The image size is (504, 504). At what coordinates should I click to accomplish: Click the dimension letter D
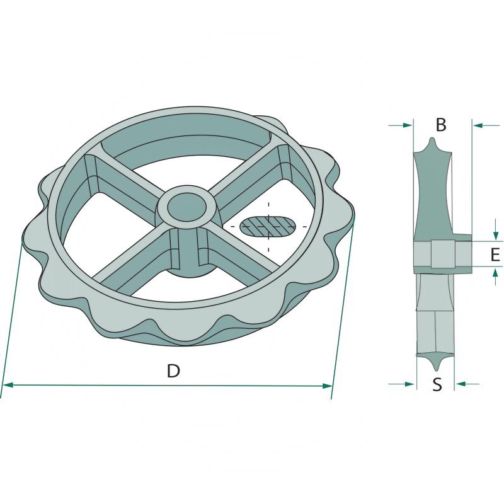pyautogui.click(x=173, y=370)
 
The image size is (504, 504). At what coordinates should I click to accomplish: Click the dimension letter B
pyautogui.click(x=441, y=125)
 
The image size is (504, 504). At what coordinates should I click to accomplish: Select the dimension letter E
pyautogui.click(x=495, y=255)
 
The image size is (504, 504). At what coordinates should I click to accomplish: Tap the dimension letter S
pyautogui.click(x=437, y=384)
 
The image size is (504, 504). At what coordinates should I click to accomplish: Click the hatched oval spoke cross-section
pyautogui.click(x=268, y=226)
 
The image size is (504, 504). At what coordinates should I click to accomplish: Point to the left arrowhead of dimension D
pyautogui.click(x=7, y=385)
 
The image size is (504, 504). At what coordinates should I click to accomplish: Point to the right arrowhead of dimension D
pyautogui.click(x=327, y=386)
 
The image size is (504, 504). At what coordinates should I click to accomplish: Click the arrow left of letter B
pyautogui.click(x=401, y=125)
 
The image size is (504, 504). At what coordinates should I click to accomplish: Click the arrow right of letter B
pyautogui.click(x=486, y=125)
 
